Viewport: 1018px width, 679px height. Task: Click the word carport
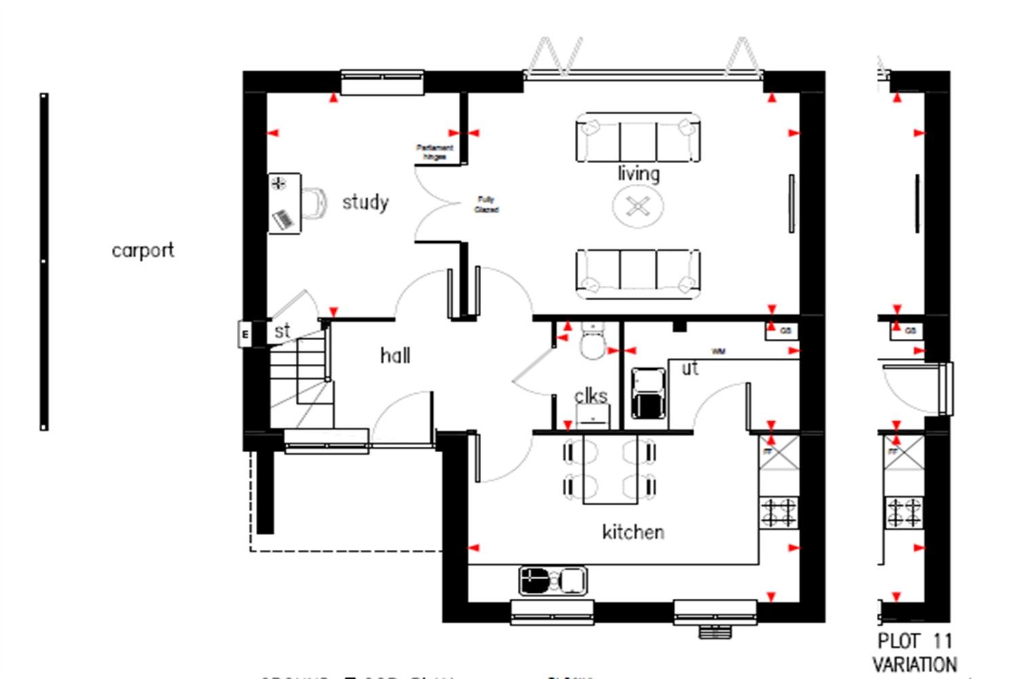click(143, 251)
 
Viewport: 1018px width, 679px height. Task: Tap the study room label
click(365, 202)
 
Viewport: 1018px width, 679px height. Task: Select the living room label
click(638, 174)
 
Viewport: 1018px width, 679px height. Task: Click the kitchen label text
click(633, 532)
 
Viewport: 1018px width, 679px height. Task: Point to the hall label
click(394, 355)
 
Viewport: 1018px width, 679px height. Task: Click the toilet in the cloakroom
click(592, 343)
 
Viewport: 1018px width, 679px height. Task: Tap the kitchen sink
click(552, 581)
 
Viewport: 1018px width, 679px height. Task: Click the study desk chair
click(314, 203)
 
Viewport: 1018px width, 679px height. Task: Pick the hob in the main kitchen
click(778, 513)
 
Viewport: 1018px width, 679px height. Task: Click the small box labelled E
click(245, 334)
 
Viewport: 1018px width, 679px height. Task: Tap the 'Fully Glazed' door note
click(486, 204)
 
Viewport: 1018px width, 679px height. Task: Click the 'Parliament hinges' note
click(434, 152)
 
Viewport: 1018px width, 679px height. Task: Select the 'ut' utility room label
click(690, 369)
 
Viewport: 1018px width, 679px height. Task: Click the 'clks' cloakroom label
click(590, 396)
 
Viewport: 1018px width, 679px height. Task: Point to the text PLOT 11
click(914, 641)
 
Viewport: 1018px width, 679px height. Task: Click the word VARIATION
click(914, 664)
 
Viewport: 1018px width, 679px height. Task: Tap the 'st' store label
click(282, 331)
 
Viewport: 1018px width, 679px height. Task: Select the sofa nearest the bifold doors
click(638, 138)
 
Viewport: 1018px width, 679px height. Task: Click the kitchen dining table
click(610, 470)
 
